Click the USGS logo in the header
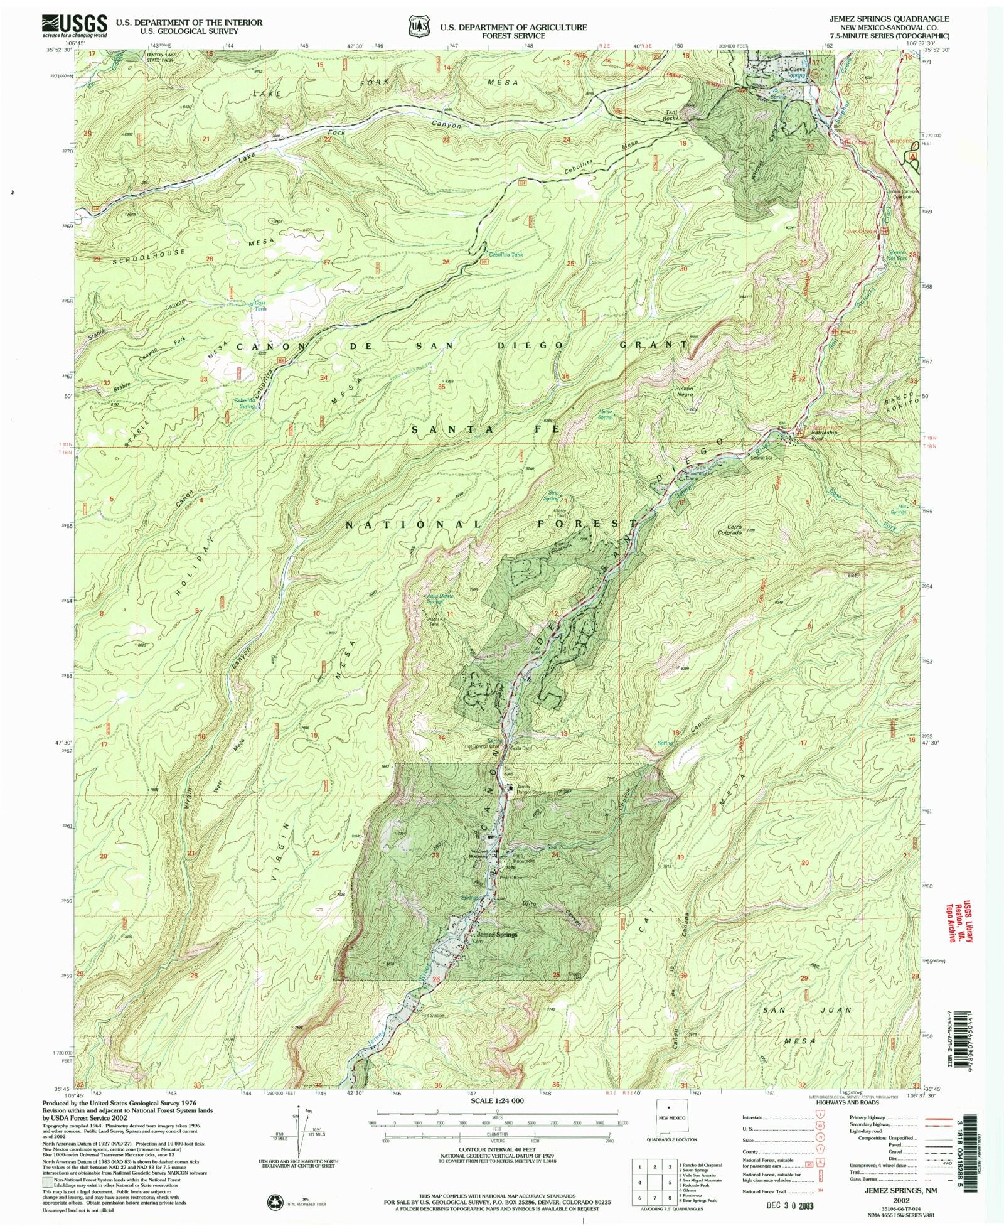[74, 26]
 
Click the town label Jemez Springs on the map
[495, 934]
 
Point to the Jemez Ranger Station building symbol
[511, 788]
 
